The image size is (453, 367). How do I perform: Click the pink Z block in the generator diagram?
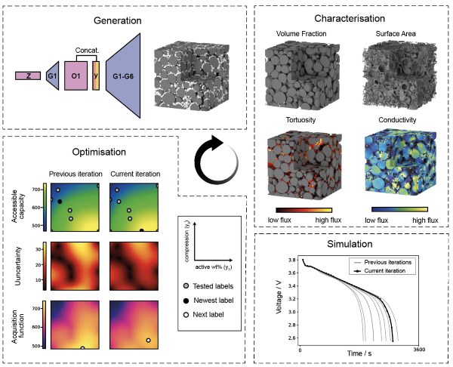click(28, 76)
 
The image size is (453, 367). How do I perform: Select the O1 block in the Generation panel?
click(75, 76)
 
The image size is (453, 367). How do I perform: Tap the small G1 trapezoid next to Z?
click(53, 76)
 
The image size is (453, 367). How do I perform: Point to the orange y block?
click(96, 76)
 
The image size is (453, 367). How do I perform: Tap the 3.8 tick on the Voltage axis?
click(291, 261)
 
